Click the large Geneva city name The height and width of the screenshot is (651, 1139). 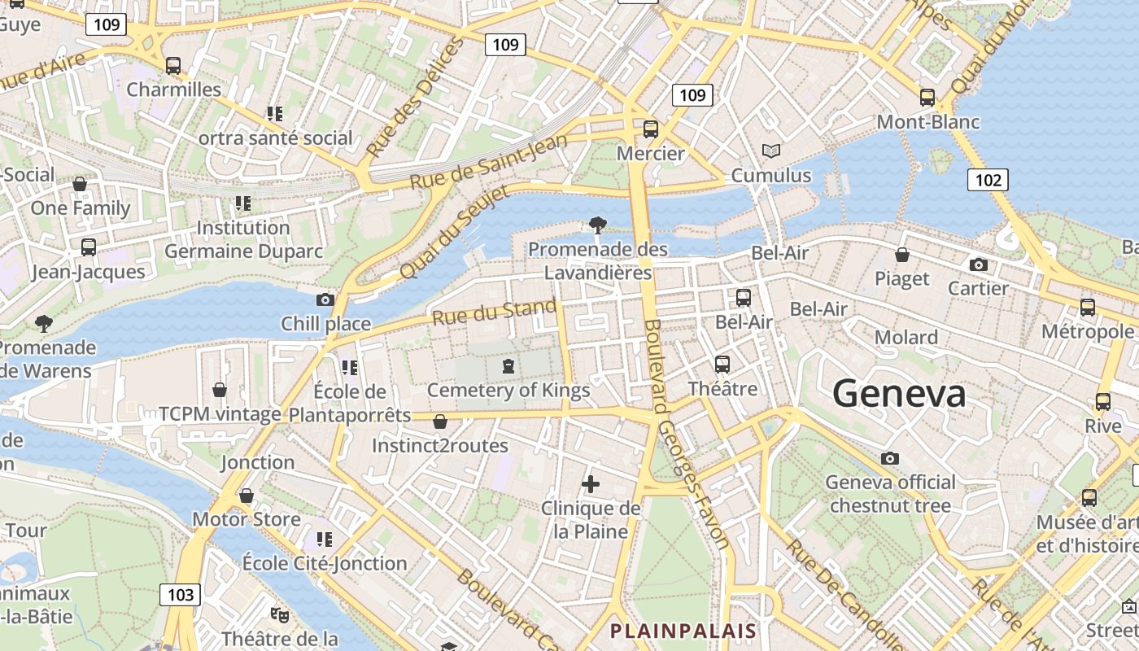pyautogui.click(x=899, y=394)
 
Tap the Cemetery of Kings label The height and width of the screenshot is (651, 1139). pyautogui.click(x=508, y=391)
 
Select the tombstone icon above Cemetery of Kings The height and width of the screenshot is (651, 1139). pyautogui.click(x=508, y=366)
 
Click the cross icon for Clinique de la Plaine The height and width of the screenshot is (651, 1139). pyautogui.click(x=591, y=485)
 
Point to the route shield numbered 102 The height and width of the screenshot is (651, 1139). pyautogui.click(x=988, y=180)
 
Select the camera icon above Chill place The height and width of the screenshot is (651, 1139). pyautogui.click(x=325, y=299)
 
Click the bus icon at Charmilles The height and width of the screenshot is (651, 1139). pyautogui.click(x=172, y=66)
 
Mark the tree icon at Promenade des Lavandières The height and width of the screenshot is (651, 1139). pyautogui.click(x=598, y=225)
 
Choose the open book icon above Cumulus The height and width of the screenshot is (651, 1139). pyautogui.click(x=770, y=151)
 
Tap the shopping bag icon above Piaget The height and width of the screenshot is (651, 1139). pyautogui.click(x=901, y=255)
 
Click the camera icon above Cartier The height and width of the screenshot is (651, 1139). pyautogui.click(x=979, y=264)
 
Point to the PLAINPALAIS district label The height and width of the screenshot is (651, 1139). pyautogui.click(x=683, y=631)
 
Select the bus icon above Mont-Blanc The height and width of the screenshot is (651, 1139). pyautogui.click(x=927, y=98)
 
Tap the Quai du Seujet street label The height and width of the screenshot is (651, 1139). pyautogui.click(x=454, y=231)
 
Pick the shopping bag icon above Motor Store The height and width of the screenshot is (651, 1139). pyautogui.click(x=247, y=496)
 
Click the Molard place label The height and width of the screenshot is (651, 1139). pyautogui.click(x=906, y=337)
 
